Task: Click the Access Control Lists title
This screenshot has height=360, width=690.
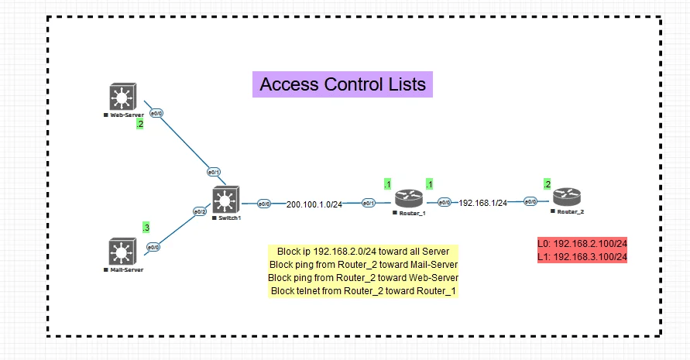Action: coord(343,84)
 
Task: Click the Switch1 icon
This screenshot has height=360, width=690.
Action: coord(226,201)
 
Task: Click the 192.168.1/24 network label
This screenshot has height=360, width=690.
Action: coord(483,203)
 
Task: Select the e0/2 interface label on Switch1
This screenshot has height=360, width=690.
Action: coord(200,211)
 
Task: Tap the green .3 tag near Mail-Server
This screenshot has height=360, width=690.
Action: coord(146,227)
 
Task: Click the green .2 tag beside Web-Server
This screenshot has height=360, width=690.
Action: coord(140,124)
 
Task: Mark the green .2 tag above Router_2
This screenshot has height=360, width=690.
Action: coord(548,184)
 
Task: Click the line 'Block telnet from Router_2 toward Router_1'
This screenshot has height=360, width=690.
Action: coord(364,290)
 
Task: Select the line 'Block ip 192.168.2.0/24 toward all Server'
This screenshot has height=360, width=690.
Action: coord(363,252)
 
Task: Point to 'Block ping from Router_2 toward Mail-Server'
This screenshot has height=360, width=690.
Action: coord(363,265)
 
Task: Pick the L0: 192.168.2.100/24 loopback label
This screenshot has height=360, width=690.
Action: coord(582,244)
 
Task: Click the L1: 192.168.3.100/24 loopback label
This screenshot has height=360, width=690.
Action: coord(582,257)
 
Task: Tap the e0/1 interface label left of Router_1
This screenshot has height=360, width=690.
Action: coord(369,203)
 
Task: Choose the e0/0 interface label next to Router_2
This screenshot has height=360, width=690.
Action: coord(530,202)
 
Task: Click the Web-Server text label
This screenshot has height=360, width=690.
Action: coord(126,114)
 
